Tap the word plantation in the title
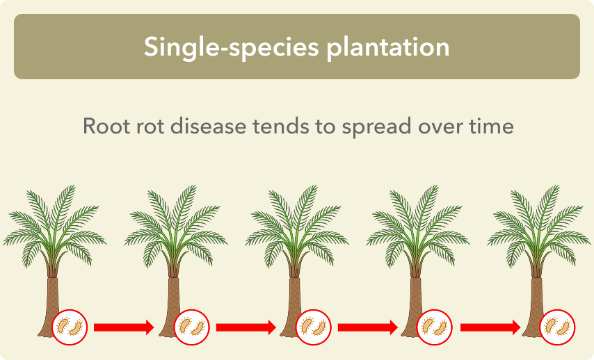point(388,47)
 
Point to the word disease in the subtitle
point(209,126)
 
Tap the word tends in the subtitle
point(281,126)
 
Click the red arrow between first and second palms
point(124,327)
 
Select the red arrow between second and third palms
point(246,327)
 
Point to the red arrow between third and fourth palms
point(368,327)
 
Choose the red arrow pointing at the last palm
point(490,327)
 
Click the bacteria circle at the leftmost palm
point(70,327)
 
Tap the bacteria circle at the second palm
point(192,327)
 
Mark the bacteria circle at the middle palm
point(313,327)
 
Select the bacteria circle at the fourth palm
point(435,327)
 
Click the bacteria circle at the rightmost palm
point(557,327)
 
